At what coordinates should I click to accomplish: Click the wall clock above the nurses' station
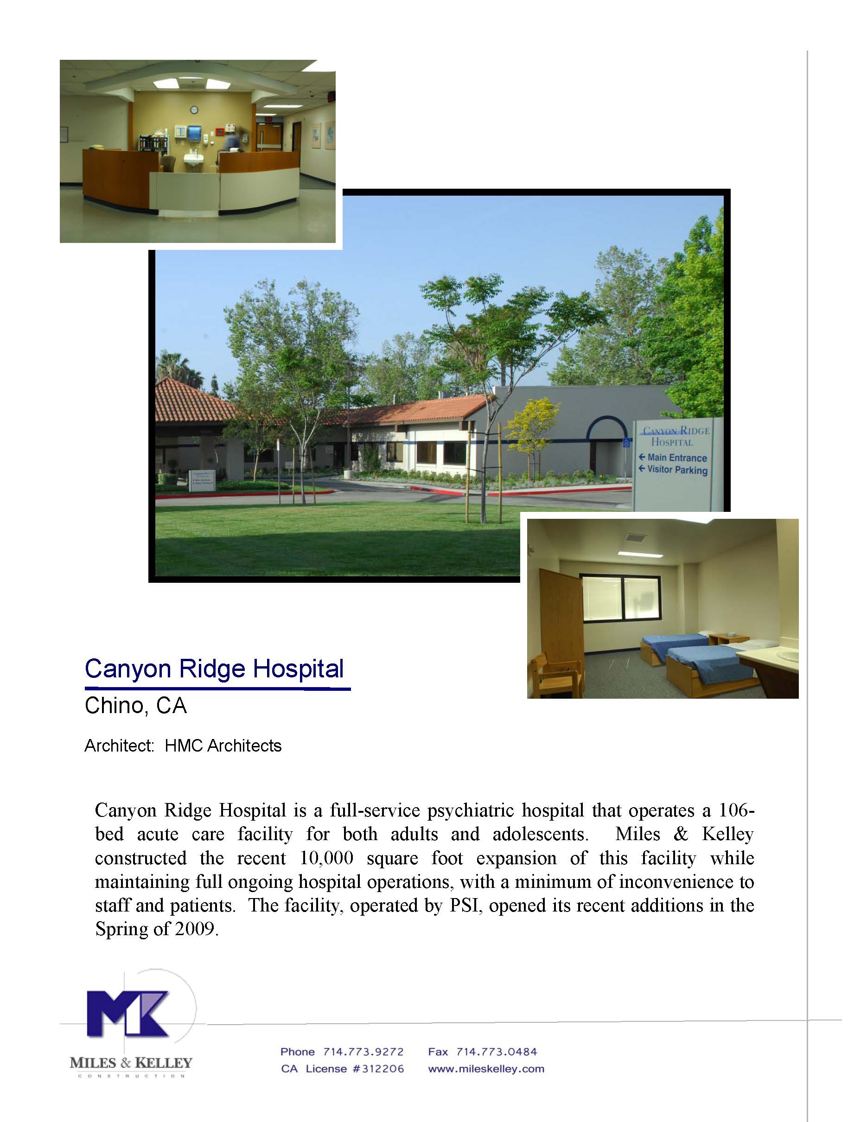coord(194,109)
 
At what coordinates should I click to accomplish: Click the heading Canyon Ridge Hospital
coord(214,669)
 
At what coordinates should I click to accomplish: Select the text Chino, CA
coord(135,706)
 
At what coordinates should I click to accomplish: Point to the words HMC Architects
coord(223,746)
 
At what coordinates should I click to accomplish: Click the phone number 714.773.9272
coord(363,1052)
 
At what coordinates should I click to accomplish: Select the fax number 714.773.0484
coord(496,1052)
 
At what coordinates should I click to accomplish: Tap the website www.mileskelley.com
coord(486,1069)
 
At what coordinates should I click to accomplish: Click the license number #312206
coord(378,1069)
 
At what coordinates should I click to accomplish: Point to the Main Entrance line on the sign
coord(676,457)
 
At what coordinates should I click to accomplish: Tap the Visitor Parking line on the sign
coord(676,470)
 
